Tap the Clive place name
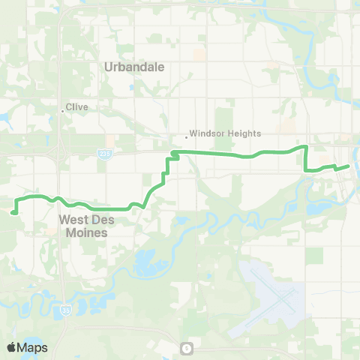coord(77,107)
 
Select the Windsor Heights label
coord(225,133)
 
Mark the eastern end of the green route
coord(349,166)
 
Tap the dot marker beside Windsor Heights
coord(186,136)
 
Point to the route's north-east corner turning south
coord(306,147)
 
